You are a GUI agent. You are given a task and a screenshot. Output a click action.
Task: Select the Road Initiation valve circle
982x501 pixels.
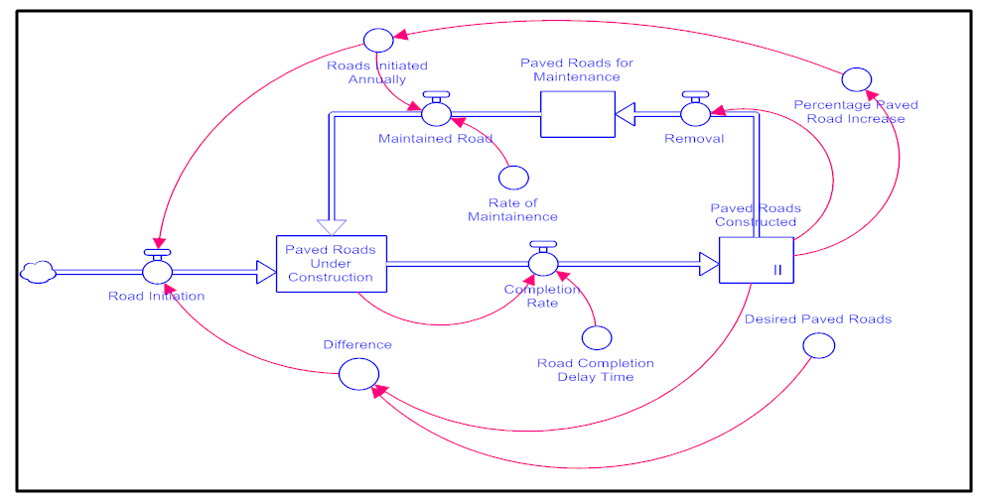158,270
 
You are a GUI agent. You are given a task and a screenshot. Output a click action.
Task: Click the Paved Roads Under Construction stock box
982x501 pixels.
331,263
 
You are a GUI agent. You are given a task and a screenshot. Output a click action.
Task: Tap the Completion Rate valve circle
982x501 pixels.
543,263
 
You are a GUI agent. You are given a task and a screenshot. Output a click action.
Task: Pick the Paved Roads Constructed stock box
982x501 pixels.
757,260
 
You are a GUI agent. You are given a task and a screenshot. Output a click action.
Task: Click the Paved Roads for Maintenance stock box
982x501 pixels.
577,113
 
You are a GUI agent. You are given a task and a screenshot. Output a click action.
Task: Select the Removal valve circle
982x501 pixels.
695,114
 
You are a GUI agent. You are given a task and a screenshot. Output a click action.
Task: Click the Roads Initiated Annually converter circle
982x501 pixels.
377,40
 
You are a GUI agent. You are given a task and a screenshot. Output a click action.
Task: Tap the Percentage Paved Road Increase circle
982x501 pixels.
856,79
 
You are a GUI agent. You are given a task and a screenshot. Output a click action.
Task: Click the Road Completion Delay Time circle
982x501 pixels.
596,338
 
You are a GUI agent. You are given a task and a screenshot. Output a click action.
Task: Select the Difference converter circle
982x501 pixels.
358,375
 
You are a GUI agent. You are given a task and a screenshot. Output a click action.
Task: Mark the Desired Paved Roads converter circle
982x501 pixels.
819,345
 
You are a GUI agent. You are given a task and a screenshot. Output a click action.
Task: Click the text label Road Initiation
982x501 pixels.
157,296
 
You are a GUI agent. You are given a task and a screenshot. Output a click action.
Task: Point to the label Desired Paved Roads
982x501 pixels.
818,319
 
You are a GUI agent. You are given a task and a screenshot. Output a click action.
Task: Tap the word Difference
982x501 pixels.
357,345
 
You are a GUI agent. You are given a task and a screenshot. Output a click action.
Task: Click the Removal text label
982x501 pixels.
694,139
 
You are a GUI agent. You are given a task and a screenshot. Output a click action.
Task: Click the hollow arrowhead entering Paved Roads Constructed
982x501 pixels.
709,264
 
